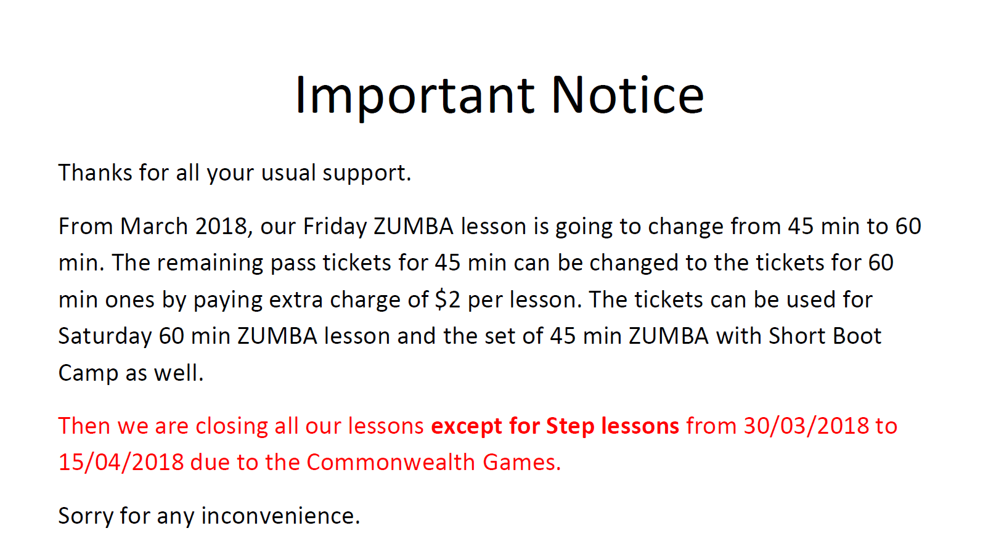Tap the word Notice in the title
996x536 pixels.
pos(627,95)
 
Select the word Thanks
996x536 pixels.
pos(95,173)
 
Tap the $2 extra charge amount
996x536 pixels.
pos(447,300)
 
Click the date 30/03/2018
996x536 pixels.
pos(806,426)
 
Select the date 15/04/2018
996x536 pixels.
pos(121,463)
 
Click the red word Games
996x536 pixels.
pos(522,463)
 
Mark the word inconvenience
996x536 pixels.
pos(280,516)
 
